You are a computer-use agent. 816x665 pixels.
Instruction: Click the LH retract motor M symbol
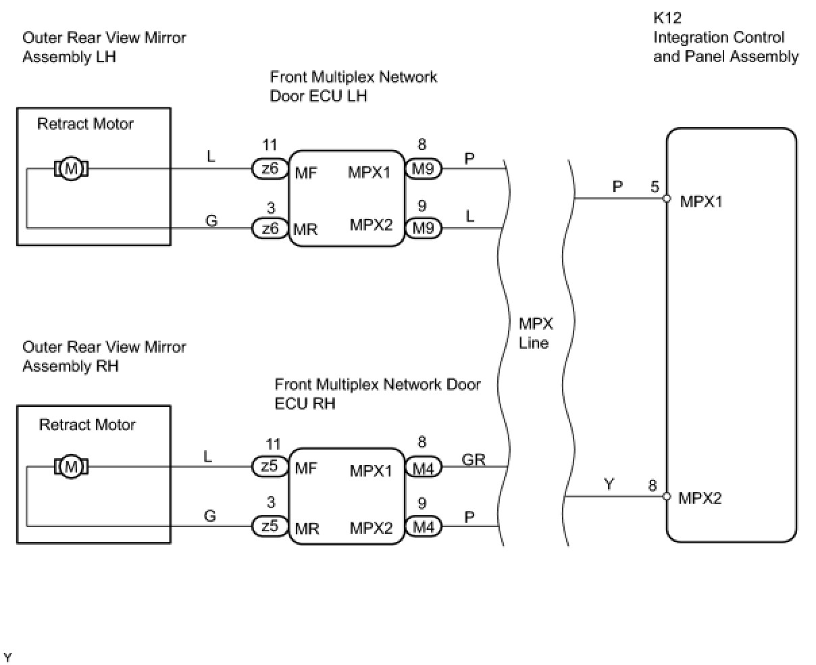coord(71,169)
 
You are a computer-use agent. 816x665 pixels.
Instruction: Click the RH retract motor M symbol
coord(71,466)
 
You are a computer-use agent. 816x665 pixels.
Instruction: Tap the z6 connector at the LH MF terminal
coord(270,169)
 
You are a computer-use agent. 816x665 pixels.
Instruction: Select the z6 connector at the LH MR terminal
coord(270,228)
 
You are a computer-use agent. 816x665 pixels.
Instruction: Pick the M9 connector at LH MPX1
coord(424,169)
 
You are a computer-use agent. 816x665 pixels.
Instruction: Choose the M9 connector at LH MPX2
coord(424,228)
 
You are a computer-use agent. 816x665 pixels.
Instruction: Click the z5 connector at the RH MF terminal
coord(270,466)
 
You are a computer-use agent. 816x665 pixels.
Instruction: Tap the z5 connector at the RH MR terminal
coord(270,526)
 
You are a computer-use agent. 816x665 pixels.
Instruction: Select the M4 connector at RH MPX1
coord(424,467)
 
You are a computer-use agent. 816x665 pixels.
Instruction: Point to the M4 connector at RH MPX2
coord(424,526)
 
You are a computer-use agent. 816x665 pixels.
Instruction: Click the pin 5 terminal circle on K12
coord(667,199)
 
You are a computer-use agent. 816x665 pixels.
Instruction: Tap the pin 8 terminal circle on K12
coord(667,496)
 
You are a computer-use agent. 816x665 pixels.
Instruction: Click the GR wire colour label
coord(474,459)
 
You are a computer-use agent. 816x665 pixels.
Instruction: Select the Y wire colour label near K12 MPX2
coord(609,485)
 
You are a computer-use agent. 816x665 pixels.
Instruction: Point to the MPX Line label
coord(536,333)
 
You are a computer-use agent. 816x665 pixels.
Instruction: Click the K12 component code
coord(667,18)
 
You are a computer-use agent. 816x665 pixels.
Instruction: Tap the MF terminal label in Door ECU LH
coord(306,173)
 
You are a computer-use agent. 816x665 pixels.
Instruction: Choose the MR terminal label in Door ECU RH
coord(307,528)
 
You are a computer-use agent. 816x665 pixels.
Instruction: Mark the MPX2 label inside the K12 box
coord(700,498)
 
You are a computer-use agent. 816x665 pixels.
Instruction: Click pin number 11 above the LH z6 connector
coord(270,145)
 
